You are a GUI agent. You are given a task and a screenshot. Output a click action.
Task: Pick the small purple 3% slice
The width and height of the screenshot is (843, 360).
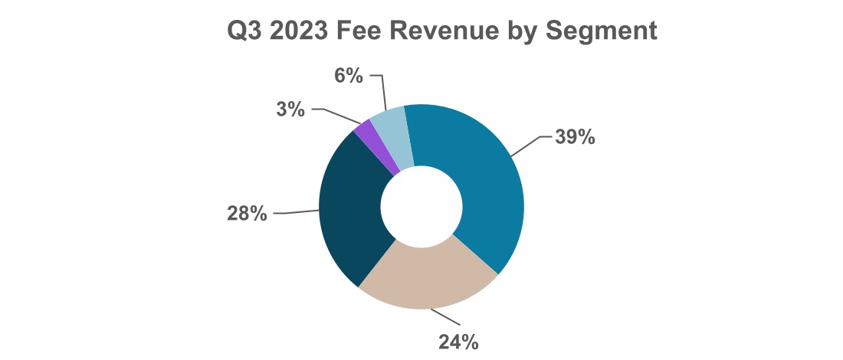click(376, 146)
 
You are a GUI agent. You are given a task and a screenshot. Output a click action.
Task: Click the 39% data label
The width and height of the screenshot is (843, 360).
click(575, 138)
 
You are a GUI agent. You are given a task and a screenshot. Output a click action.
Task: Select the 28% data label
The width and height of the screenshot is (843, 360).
click(247, 214)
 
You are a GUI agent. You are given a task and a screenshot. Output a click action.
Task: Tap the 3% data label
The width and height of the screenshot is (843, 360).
click(290, 110)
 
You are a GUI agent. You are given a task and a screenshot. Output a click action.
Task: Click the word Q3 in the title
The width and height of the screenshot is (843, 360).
click(245, 31)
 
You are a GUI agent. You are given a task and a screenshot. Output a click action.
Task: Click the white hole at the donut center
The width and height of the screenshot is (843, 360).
click(421, 207)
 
